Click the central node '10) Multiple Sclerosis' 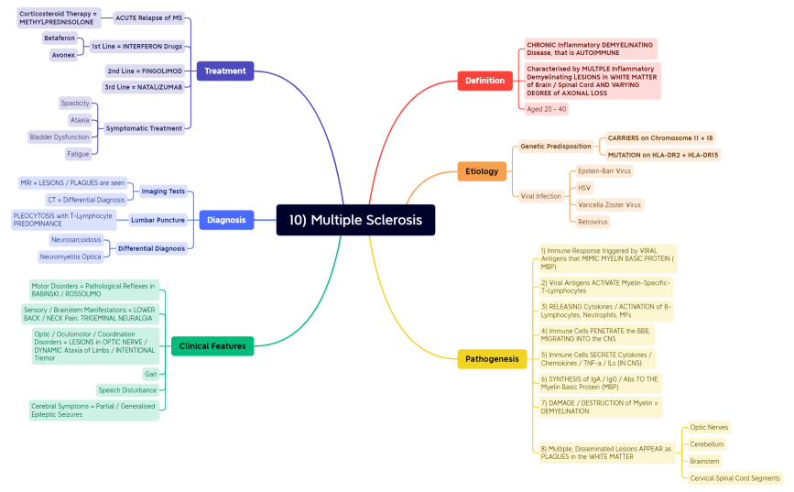click(x=355, y=220)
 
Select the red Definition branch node click(x=484, y=81)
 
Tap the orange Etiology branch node click(x=481, y=170)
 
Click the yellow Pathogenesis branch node click(x=491, y=359)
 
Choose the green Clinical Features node click(x=212, y=346)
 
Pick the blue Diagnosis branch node click(x=226, y=220)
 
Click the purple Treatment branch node click(x=224, y=71)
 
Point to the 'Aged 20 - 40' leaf click(x=547, y=109)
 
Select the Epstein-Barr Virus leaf click(x=604, y=170)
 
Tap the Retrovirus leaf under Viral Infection click(x=593, y=222)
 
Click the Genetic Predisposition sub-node click(x=556, y=146)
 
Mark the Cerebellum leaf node click(x=707, y=444)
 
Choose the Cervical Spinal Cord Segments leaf click(x=735, y=478)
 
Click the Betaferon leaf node click(x=60, y=38)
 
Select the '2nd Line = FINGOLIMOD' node click(x=145, y=71)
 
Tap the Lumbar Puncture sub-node click(x=158, y=220)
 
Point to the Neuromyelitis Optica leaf click(x=71, y=257)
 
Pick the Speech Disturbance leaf click(x=127, y=390)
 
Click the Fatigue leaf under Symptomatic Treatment click(x=78, y=154)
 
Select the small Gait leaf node click(x=150, y=374)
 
